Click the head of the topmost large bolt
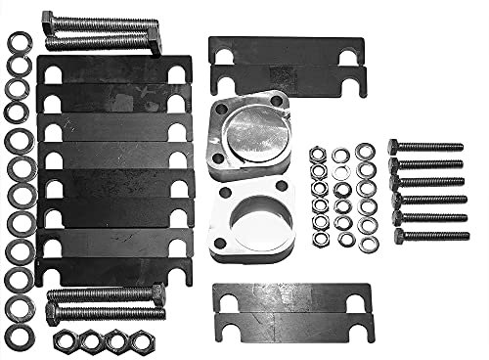pyautogui.click(x=48, y=21)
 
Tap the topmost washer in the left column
pyautogui.click(x=18, y=42)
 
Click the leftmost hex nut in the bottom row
pyautogui.click(x=65, y=339)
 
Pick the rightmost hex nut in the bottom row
pyautogui.click(x=138, y=339)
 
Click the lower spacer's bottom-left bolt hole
pyautogui.click(x=219, y=250)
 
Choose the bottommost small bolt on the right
pyautogui.click(x=430, y=236)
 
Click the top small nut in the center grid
pyautogui.click(x=318, y=155)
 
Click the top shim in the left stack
pyautogui.click(x=115, y=69)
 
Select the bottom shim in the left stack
pyautogui.click(x=115, y=271)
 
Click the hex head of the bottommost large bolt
pyautogui.click(x=53, y=314)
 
